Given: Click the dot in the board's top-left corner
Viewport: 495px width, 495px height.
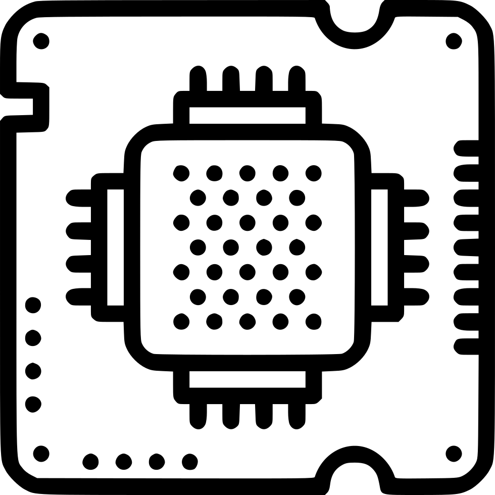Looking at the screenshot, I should pyautogui.click(x=41, y=41).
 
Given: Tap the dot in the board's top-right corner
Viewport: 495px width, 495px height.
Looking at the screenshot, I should pyautogui.click(x=454, y=41).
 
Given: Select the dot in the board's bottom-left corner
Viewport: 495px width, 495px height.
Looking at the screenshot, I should pyautogui.click(x=41, y=454).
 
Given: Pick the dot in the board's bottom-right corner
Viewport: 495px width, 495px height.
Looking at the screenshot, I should pyautogui.click(x=454, y=454).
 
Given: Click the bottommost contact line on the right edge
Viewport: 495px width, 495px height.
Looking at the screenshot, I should pyautogui.click(x=467, y=346).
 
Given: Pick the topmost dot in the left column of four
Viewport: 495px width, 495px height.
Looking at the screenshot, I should pyautogui.click(x=33, y=305).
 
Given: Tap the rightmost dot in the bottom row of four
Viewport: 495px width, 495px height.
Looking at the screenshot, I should pyautogui.click(x=189, y=461).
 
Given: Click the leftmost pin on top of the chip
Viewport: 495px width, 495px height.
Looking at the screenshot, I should pyautogui.click(x=198, y=79).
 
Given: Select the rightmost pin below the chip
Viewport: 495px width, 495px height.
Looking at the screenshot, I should pyautogui.click(x=297, y=414).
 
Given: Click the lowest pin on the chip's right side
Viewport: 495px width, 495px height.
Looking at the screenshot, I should pyautogui.click(x=415, y=297).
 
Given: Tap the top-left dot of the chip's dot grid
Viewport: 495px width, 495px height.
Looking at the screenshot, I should pyautogui.click(x=181, y=173).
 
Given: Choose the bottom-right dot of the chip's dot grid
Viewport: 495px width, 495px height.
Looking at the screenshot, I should pyautogui.click(x=313, y=321).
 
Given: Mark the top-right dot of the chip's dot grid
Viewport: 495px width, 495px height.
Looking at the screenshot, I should pyautogui.click(x=313, y=173).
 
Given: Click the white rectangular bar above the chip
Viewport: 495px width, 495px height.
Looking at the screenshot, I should pyautogui.click(x=247, y=115).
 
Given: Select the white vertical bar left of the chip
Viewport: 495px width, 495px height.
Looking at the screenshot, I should pyautogui.click(x=115, y=247).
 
